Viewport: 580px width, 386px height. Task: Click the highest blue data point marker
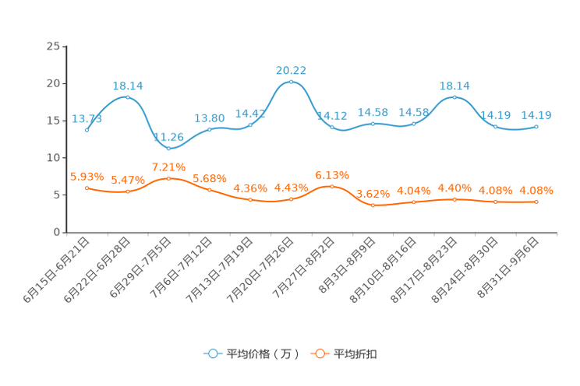[291, 82]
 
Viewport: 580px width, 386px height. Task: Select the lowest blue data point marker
[169, 148]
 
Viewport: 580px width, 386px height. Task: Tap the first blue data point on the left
[87, 131]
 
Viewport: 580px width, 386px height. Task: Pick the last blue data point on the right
[536, 127]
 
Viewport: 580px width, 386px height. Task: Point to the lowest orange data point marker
[373, 206]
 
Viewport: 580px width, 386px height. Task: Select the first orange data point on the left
[87, 188]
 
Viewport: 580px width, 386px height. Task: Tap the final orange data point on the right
[536, 202]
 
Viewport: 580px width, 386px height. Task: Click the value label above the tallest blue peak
[291, 70]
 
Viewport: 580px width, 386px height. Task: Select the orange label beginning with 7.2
[169, 167]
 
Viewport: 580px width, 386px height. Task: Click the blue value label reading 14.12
[331, 116]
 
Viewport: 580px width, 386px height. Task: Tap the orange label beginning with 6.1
[331, 174]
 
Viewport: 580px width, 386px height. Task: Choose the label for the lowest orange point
[373, 194]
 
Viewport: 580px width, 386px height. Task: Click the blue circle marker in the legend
[213, 353]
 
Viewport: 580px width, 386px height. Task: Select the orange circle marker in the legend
[320, 353]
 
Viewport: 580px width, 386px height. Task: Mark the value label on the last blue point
[536, 116]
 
